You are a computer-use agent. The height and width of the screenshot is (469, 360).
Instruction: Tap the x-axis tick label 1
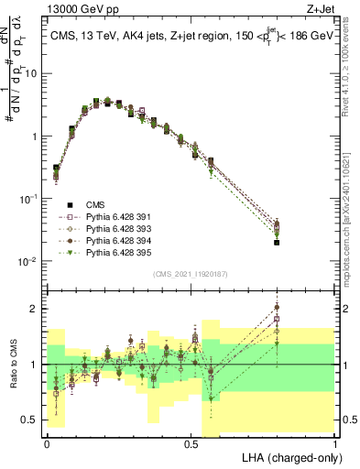click(x=336, y=442)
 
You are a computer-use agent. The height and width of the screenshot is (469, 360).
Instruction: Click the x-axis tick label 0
click(x=47, y=442)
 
